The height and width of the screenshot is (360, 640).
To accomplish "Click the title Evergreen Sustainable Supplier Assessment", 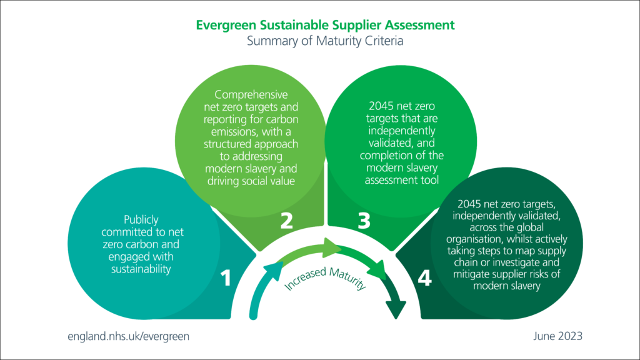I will tap(325, 26).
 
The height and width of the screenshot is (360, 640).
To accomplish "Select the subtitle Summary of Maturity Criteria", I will tap(325, 42).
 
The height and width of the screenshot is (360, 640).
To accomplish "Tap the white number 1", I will tap(226, 278).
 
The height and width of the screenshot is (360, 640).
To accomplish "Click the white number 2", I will tap(287, 220).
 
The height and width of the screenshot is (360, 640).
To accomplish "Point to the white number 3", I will tap(365, 220).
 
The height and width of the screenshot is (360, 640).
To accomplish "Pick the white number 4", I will tap(424, 278).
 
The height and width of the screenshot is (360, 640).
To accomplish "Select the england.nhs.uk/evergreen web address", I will tap(128, 336).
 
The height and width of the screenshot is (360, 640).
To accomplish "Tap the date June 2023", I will tap(558, 336).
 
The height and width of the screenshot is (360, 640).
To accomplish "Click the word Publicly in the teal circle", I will tap(141, 219).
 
